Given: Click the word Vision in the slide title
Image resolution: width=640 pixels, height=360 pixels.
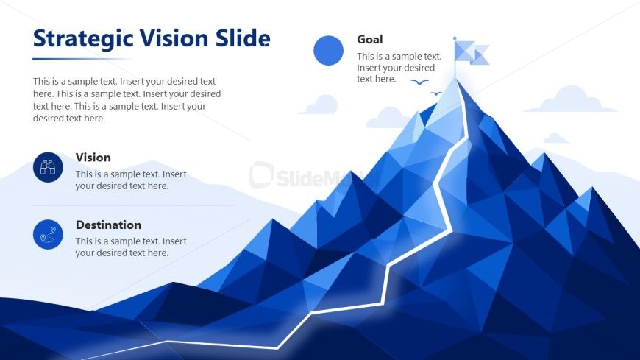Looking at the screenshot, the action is point(174,38).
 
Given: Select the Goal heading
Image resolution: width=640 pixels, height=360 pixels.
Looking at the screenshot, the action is point(370,39).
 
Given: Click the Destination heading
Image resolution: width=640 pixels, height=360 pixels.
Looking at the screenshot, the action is point(109,225).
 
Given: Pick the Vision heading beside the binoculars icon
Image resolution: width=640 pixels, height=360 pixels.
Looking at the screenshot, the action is point(93,158).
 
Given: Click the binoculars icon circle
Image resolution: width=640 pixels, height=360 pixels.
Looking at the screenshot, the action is point(48,167).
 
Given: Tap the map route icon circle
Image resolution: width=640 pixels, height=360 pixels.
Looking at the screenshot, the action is point(48,235).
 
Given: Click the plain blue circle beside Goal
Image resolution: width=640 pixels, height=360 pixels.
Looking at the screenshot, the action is point(329,50).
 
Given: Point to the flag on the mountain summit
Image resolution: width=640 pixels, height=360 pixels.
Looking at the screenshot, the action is point(471,53).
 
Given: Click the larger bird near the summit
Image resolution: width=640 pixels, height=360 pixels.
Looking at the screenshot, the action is point(419,82).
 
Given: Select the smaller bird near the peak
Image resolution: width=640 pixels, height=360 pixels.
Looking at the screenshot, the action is point(436,93).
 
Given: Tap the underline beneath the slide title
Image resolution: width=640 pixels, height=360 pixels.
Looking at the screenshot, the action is point(82,59).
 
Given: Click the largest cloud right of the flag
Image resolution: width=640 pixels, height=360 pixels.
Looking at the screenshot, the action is point(571,99).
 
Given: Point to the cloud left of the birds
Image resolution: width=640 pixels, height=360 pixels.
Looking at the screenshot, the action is point(320,105).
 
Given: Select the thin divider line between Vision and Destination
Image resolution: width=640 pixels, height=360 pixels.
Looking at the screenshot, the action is point(134,205).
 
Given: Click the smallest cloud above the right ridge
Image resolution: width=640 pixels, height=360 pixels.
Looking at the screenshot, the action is point(556,138).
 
